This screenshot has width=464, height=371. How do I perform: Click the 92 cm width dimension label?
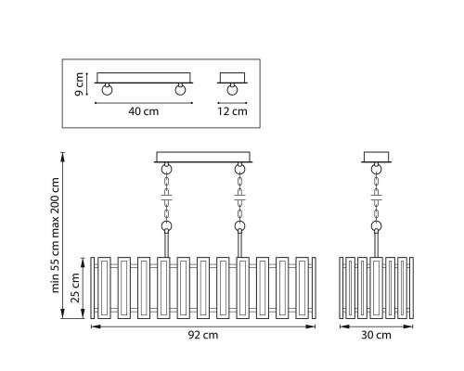click(x=203, y=335)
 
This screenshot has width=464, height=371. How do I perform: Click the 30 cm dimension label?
click(x=376, y=335)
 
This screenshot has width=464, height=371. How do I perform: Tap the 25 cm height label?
click(x=75, y=288)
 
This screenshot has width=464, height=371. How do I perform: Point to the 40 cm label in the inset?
click(x=144, y=111)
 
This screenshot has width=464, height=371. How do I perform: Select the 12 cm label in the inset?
click(x=232, y=111)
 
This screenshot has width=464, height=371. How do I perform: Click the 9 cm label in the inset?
click(x=79, y=84)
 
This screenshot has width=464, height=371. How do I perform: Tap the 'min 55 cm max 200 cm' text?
click(x=55, y=235)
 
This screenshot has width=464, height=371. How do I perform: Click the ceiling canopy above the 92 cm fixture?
click(x=203, y=157)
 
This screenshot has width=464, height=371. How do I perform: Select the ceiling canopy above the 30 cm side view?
click(x=376, y=157)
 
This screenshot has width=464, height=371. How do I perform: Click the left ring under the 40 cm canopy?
click(x=107, y=90)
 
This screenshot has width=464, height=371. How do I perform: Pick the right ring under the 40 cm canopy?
click(x=180, y=90)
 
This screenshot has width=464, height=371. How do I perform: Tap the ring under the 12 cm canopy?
click(x=232, y=90)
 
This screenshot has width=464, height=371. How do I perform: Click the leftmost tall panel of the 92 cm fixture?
click(x=104, y=288)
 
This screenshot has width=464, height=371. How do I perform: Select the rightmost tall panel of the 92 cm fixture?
click(x=303, y=288)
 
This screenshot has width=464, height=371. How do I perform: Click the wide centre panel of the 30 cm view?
click(x=376, y=288)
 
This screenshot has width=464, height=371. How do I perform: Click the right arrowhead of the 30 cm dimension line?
click(x=409, y=326)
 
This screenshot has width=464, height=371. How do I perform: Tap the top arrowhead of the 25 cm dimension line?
click(x=83, y=262)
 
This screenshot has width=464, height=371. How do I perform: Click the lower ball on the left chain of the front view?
click(x=166, y=226)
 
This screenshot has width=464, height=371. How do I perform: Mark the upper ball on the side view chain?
click(x=376, y=169)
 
